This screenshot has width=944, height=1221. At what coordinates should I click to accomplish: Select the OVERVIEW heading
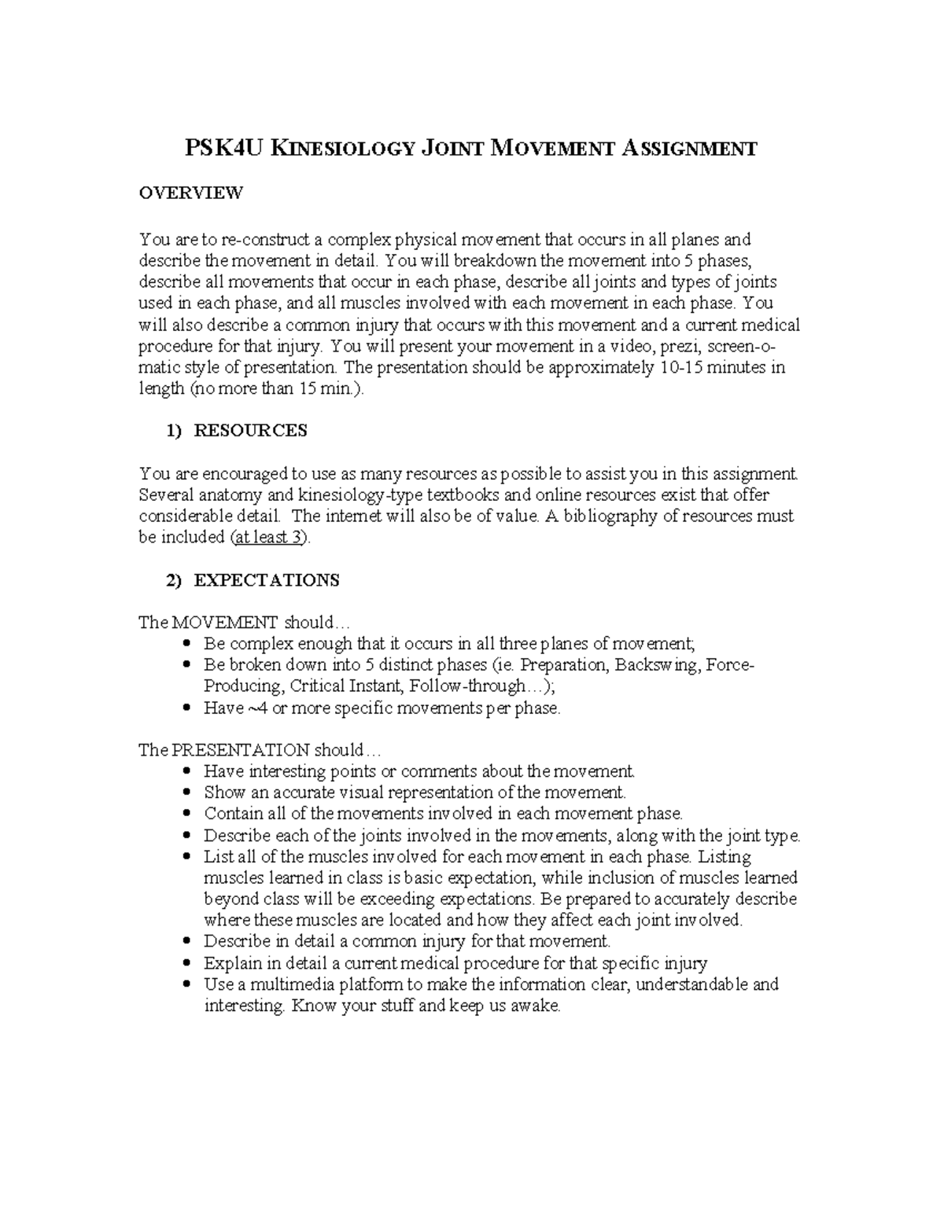(x=191, y=193)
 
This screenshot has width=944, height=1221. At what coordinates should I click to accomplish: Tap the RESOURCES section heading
(x=250, y=431)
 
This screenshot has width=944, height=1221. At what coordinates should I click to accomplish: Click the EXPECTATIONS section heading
(x=267, y=580)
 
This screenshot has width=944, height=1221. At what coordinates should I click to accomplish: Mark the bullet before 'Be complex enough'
(x=186, y=645)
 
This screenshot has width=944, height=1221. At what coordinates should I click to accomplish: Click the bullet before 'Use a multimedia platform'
(x=186, y=984)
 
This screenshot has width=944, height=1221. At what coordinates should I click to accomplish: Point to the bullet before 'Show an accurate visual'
(x=186, y=793)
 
